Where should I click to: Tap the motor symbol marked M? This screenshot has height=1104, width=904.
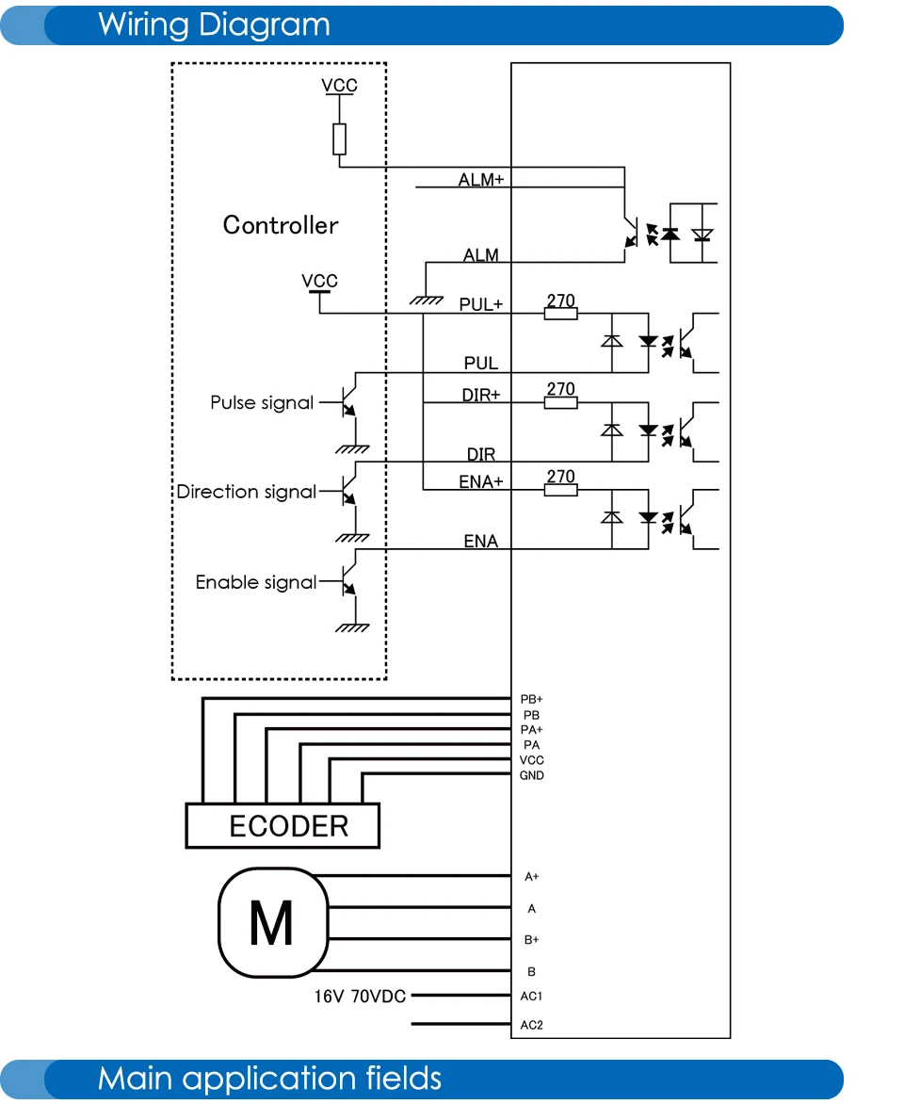pyautogui.click(x=273, y=922)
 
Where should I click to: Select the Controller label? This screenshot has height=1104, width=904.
pyautogui.click(x=281, y=225)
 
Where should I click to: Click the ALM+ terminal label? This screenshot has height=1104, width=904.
pyautogui.click(x=481, y=180)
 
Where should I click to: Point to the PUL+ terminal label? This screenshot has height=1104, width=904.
pyautogui.click(x=481, y=304)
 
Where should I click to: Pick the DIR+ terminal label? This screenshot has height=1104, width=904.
pyautogui.click(x=481, y=395)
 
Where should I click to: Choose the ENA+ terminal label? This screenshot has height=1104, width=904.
pyautogui.click(x=481, y=481)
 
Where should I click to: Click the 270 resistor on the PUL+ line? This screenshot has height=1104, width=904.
pyautogui.click(x=561, y=314)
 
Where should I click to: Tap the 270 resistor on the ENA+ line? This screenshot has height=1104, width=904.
pyautogui.click(x=561, y=489)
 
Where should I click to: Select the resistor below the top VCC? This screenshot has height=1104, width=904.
pyautogui.click(x=339, y=139)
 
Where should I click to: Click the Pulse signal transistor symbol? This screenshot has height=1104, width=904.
pyautogui.click(x=349, y=403)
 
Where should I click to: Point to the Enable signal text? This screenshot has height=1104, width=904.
pyautogui.click(x=255, y=582)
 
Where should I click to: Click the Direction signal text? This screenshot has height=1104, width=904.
pyautogui.click(x=247, y=492)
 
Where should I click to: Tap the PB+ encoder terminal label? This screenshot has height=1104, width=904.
pyautogui.click(x=531, y=699)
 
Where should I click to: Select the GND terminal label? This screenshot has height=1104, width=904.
pyautogui.click(x=531, y=775)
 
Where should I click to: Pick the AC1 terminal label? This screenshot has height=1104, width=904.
pyautogui.click(x=531, y=997)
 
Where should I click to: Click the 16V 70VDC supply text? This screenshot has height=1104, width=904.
pyautogui.click(x=360, y=997)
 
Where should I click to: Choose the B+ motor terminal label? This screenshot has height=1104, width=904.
pyautogui.click(x=531, y=940)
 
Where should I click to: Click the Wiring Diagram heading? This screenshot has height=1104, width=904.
pyautogui.click(x=214, y=25)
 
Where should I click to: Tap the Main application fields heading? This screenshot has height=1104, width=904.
pyautogui.click(x=269, y=1079)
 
